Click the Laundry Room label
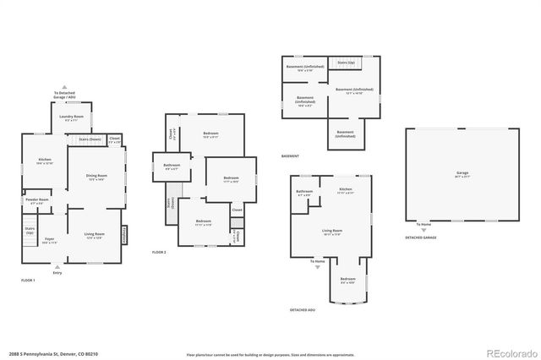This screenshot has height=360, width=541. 74,117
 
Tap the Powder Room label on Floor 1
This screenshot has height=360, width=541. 37,202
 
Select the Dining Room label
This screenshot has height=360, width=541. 96,177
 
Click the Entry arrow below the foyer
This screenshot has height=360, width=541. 57,267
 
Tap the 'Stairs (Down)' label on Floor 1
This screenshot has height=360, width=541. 89,139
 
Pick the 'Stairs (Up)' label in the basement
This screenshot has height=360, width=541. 346,62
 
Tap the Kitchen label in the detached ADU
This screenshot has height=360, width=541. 345,190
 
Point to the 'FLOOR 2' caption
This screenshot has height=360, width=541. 159,253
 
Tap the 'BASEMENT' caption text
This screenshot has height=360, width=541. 291,156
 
